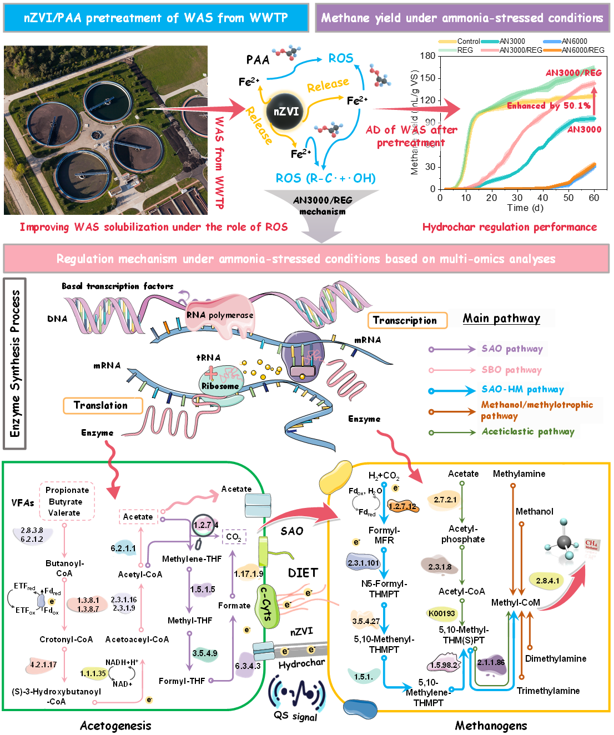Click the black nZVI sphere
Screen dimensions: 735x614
click(286, 112)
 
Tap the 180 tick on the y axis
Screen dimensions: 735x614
click(428, 56)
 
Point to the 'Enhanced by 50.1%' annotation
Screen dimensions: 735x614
click(548, 105)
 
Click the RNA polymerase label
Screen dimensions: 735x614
click(220, 315)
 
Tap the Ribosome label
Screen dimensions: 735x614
click(220, 386)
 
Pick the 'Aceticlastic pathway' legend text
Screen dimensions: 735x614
click(528, 431)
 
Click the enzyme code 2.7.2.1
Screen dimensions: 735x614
click(445, 500)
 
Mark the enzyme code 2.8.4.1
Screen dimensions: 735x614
click(548, 581)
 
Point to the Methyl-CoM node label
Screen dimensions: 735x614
click(515, 602)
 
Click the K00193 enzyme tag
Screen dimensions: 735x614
click(442, 613)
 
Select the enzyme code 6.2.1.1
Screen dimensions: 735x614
click(123, 548)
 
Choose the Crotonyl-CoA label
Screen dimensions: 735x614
click(66, 640)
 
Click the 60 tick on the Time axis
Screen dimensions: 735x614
click(594, 198)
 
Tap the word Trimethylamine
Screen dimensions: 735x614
click(548, 691)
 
